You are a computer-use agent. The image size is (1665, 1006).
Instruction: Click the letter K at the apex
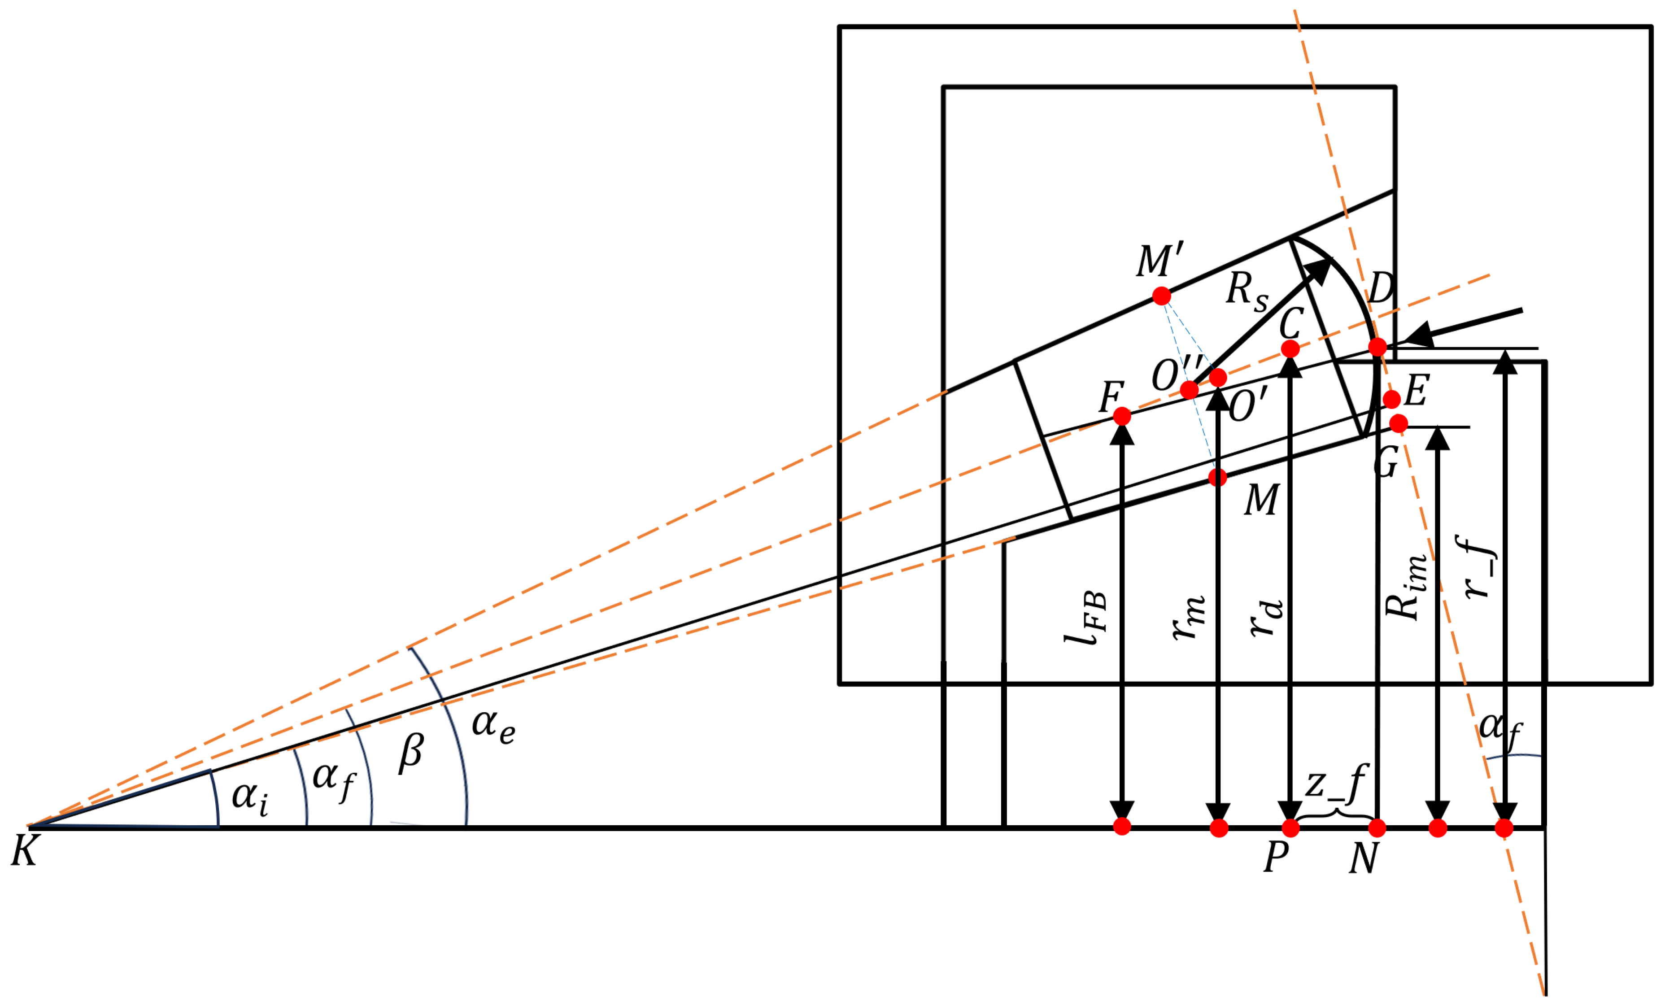[24, 851]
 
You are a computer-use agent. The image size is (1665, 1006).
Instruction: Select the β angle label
[411, 752]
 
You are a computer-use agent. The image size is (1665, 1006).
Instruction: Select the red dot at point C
[1290, 348]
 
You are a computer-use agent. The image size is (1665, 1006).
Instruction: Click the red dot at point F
[1122, 416]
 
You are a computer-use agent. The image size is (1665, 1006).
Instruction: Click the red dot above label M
[1217, 478]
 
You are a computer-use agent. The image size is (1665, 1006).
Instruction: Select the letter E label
[1417, 391]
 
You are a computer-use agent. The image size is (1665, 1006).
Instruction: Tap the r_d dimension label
[1266, 617]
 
